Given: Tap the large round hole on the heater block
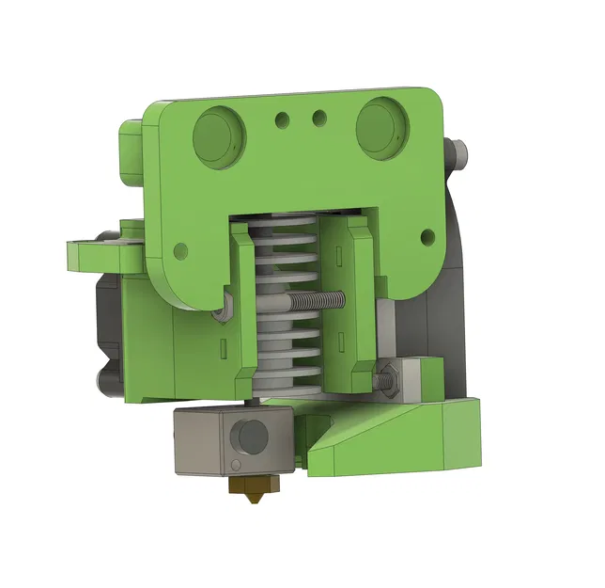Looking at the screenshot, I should pos(252,436).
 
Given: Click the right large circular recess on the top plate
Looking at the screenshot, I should pos(380,123).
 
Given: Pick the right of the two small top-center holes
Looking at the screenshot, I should pos(319,118).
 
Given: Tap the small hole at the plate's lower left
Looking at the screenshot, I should pos(180,251).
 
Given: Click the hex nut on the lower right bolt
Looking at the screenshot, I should pos(389,380).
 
